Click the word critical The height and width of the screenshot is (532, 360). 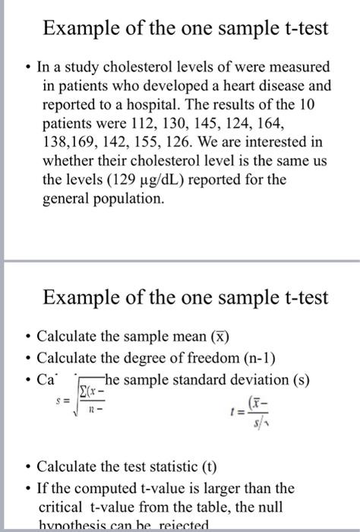63,507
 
